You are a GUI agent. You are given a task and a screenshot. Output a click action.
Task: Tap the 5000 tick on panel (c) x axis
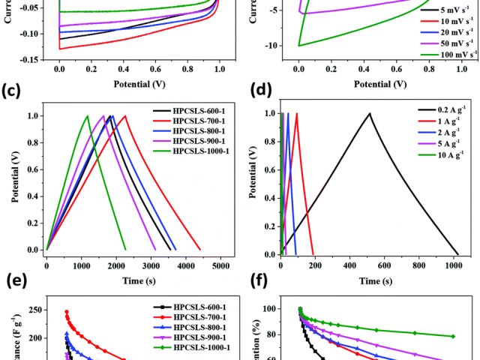[x=220, y=265]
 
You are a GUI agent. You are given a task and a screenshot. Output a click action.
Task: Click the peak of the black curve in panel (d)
[x=370, y=113]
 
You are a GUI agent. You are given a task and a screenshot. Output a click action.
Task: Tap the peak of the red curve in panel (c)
[x=125, y=115]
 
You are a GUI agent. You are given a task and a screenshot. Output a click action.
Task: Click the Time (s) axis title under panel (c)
[x=136, y=281]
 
